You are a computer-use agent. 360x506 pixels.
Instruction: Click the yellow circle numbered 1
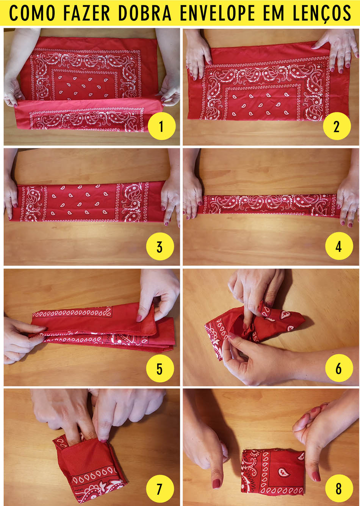coord(161,127)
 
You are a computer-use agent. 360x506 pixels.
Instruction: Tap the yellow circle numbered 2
coord(337,127)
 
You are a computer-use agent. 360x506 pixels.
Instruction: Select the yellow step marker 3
coord(160,246)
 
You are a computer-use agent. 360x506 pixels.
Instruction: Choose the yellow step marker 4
coord(339,246)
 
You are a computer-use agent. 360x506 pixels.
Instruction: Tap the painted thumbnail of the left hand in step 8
coord(216,483)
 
